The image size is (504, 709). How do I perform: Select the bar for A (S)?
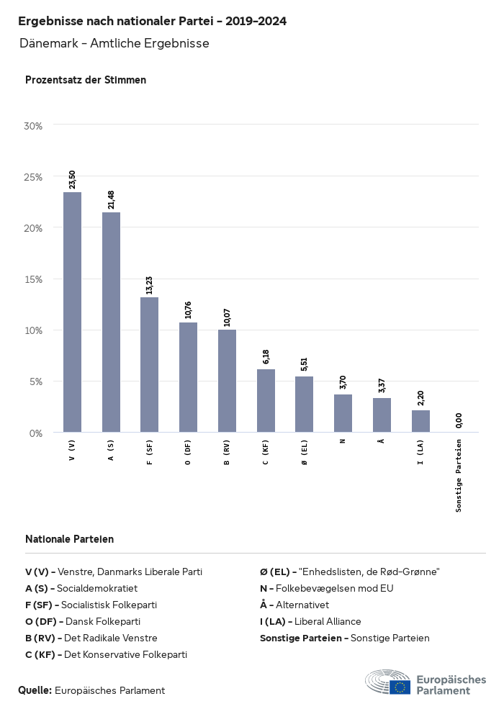point(111,322)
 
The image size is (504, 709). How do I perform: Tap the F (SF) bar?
point(149,364)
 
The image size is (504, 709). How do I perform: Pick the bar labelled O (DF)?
point(188,377)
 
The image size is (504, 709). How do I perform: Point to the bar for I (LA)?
point(420,421)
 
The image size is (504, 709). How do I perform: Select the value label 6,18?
point(266,355)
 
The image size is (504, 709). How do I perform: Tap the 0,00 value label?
point(459,420)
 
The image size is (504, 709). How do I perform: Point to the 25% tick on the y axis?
point(34,177)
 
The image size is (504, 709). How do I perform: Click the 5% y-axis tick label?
point(36,381)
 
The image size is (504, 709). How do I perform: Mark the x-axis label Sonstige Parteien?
point(459,476)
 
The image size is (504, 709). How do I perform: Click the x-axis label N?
point(343,441)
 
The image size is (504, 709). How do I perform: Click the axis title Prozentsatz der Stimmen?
point(86,80)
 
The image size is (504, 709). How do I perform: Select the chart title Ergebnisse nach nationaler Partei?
point(152,22)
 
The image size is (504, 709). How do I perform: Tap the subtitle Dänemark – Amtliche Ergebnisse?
point(114,43)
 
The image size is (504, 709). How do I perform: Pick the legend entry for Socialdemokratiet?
point(91,588)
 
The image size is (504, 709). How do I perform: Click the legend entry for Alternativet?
point(294,605)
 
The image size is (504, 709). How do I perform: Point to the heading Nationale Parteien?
point(69,539)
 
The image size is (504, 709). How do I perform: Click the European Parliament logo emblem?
point(388,682)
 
